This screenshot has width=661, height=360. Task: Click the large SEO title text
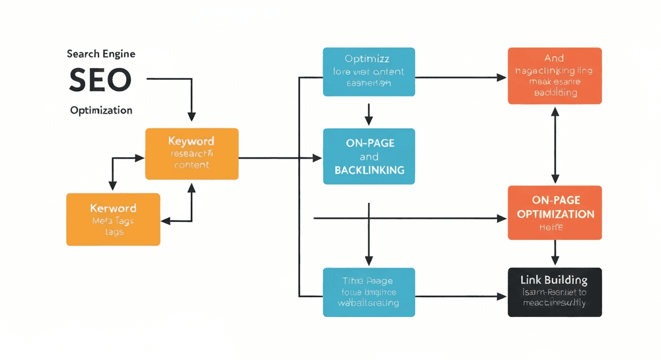(100, 81)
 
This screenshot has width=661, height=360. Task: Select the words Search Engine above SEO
(100, 54)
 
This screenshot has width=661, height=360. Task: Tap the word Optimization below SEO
(101, 110)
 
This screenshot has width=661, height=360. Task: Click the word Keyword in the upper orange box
(191, 141)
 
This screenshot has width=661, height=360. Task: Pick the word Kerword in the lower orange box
(114, 209)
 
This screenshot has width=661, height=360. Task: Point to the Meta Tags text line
(114, 221)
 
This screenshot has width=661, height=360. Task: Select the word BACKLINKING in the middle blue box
(369, 170)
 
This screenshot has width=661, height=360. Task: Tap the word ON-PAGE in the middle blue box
(369, 143)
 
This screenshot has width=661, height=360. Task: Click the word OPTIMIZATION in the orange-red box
(555, 214)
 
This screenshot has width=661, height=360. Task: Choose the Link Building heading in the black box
(555, 280)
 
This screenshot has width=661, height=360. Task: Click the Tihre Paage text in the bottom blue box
(369, 280)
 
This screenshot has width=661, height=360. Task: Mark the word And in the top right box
(555, 59)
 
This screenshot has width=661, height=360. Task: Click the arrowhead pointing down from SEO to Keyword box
(191, 116)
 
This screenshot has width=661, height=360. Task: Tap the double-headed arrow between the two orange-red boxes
(555, 145)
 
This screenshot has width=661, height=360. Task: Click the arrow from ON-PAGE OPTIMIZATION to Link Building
(555, 253)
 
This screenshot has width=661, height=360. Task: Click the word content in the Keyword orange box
(191, 166)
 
